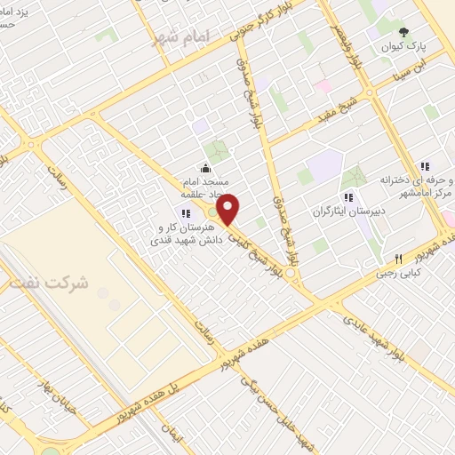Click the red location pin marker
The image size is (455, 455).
click(228, 210)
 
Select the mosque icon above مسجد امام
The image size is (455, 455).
click(206, 169)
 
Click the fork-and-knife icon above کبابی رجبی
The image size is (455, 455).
click(398, 259)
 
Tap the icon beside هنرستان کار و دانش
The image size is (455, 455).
click(186, 212)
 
